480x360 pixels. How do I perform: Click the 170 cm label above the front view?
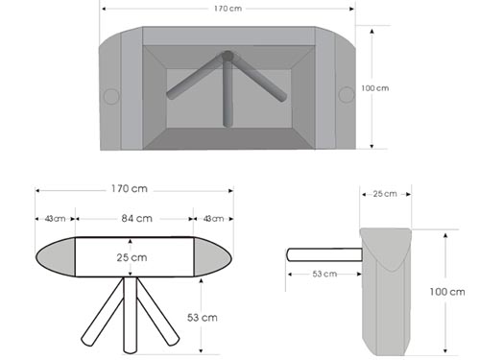coord(228,9)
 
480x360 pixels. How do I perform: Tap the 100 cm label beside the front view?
coord(375,88)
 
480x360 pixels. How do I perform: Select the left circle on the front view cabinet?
coord(111,96)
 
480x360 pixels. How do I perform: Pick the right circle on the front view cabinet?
coord(347,95)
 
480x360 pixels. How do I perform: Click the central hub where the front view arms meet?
coord(228,56)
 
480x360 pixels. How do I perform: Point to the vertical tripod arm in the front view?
coord(228,93)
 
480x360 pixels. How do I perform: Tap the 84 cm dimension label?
coord(136,219)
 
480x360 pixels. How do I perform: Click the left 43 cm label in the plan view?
coord(55,219)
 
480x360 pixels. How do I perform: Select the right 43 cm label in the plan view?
coord(213,219)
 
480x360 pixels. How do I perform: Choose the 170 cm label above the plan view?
coord(130,189)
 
